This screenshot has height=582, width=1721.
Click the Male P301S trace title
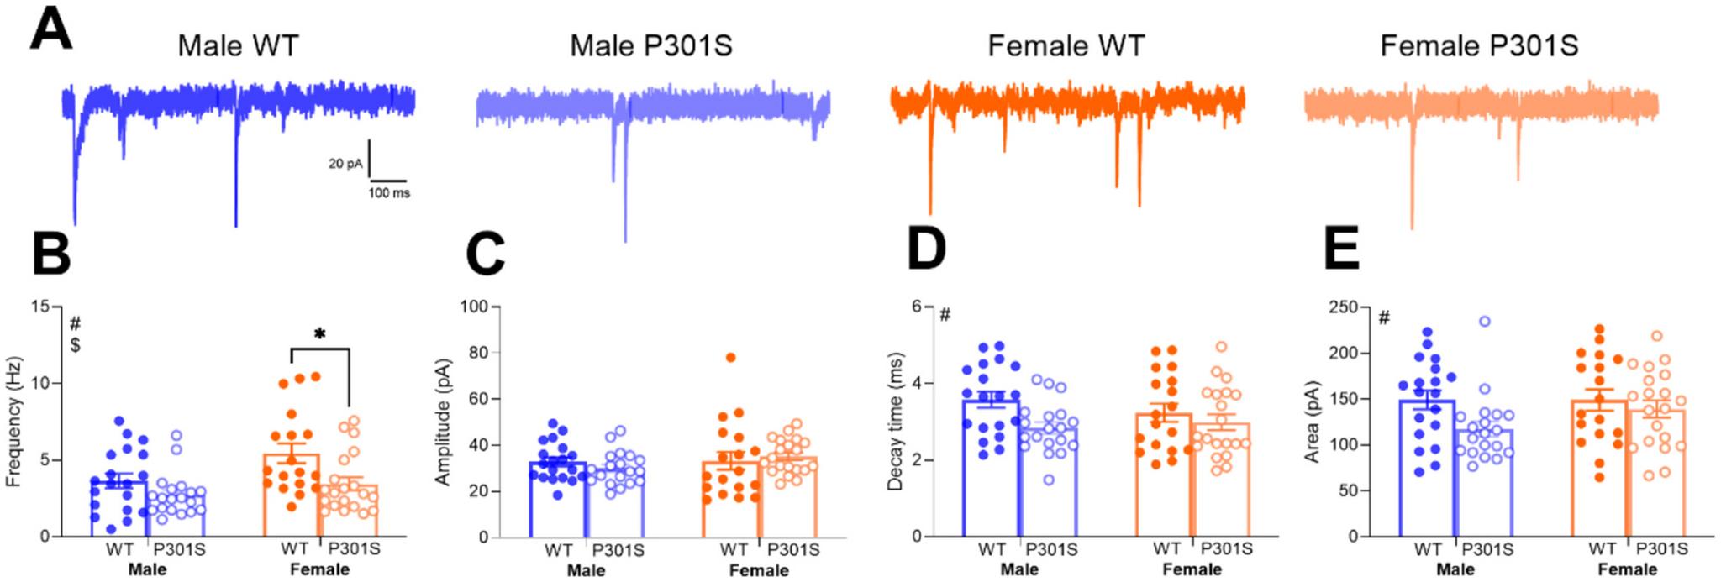point(650,45)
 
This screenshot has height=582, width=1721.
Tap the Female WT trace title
point(1066,45)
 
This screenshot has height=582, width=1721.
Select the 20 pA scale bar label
point(345,164)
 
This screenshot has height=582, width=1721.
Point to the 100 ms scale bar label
point(388,193)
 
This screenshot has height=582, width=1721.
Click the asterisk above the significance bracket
point(319,334)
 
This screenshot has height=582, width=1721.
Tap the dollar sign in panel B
point(76,345)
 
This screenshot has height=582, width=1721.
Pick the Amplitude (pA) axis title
point(443,422)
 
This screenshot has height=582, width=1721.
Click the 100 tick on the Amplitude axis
point(475,307)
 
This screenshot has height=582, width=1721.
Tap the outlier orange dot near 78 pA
point(731,358)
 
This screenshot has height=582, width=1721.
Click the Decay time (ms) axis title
point(897,422)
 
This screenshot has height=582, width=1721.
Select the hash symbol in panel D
point(945,316)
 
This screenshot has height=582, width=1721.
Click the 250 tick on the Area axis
point(1343,307)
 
